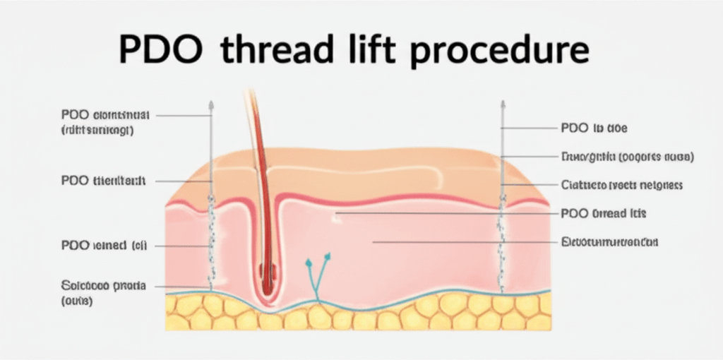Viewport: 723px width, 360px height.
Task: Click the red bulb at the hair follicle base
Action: tap(266, 271)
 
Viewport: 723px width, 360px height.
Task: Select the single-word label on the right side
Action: tap(609, 242)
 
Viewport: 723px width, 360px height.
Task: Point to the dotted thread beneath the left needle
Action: tap(210, 240)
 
